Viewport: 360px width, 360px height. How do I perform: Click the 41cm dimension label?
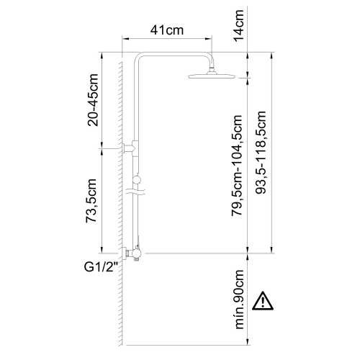click(x=167, y=30)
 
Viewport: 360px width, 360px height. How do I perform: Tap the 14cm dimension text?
click(x=239, y=26)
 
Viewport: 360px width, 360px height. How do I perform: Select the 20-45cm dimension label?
click(x=93, y=100)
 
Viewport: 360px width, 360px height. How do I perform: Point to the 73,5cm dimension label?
click(x=91, y=201)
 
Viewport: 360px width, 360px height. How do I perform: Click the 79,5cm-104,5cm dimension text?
click(x=237, y=166)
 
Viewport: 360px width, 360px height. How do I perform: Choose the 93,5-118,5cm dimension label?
click(x=261, y=153)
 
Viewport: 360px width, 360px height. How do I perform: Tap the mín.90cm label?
click(x=239, y=299)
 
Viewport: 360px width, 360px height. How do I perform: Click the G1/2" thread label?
click(x=102, y=267)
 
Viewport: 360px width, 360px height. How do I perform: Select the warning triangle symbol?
click(x=263, y=301)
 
